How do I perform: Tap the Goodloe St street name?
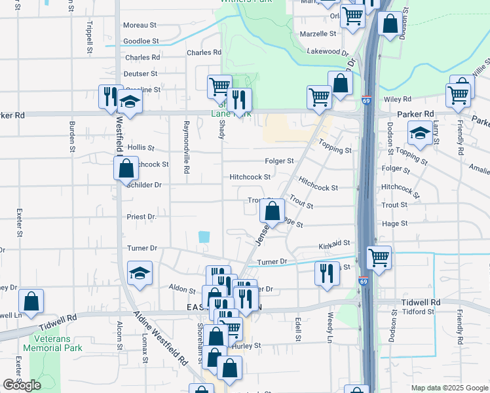tap(141, 41)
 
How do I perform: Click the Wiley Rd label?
tap(397, 100)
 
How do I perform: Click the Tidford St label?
tap(417, 312)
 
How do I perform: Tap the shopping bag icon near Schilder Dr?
tap(126, 168)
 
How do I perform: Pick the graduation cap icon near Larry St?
tap(419, 134)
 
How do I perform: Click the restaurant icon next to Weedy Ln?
tap(327, 272)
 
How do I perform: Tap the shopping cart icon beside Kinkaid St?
tap(379, 257)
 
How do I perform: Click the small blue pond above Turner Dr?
tap(204, 236)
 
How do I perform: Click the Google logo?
tap(22, 385)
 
